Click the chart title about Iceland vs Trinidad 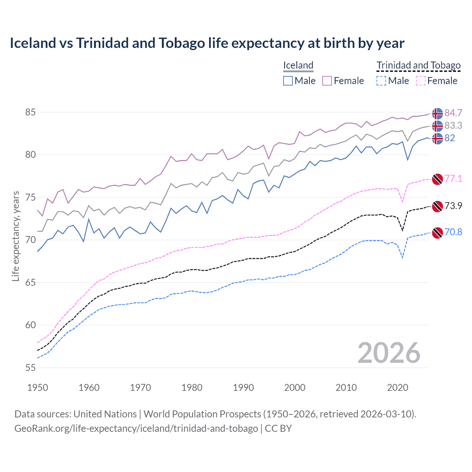[x=207, y=43]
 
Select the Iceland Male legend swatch [x=288, y=81]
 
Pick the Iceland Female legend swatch [x=327, y=81]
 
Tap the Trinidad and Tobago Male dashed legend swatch [x=381, y=81]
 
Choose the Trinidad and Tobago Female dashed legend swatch [x=421, y=81]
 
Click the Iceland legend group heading [x=298, y=65]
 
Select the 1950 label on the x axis [x=38, y=388]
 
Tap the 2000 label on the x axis [x=295, y=388]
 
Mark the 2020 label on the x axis [x=398, y=388]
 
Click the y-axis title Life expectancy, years [x=16, y=236]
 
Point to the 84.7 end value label [x=453, y=113]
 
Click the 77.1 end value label [x=453, y=179]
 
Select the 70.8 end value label [x=453, y=232]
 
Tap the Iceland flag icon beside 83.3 [x=437, y=126]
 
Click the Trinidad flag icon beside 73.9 [x=437, y=206]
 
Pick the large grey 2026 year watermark [x=389, y=353]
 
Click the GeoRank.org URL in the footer [x=136, y=428]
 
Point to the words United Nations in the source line [x=105, y=414]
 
